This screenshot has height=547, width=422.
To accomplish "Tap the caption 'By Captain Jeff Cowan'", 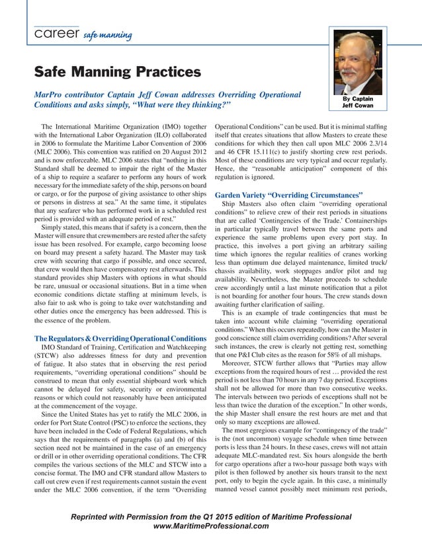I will pyautogui.click(x=357, y=101).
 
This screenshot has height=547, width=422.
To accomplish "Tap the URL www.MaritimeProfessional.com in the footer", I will pyautogui.click(x=211, y=527).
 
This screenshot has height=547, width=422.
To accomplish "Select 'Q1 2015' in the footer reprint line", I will pyautogui.click(x=227, y=516).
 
